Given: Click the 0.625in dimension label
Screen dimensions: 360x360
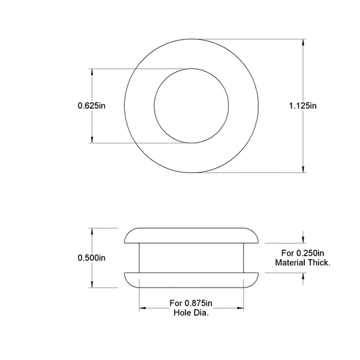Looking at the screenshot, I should [91, 106].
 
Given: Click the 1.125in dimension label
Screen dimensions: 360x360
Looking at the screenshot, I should [302, 106].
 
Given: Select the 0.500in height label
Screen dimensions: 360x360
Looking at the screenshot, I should [91, 258].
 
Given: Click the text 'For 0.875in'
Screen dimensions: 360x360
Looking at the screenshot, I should [191, 303].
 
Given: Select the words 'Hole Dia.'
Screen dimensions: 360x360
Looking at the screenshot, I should [191, 312].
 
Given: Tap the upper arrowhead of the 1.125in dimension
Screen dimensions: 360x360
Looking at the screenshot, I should [302, 43].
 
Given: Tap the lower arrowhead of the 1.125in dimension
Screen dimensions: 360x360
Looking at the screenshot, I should [302, 169].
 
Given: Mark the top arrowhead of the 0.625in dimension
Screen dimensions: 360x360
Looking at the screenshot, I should [91, 72].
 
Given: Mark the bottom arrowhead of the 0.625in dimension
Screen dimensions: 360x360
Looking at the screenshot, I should [91, 140].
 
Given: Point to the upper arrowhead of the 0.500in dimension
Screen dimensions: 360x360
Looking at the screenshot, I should [91, 232].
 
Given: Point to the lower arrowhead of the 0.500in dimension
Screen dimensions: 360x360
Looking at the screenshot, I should [91, 285].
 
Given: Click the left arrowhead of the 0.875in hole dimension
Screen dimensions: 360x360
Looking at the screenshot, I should [143, 308].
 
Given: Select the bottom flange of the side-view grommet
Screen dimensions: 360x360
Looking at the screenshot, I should [191, 279].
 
